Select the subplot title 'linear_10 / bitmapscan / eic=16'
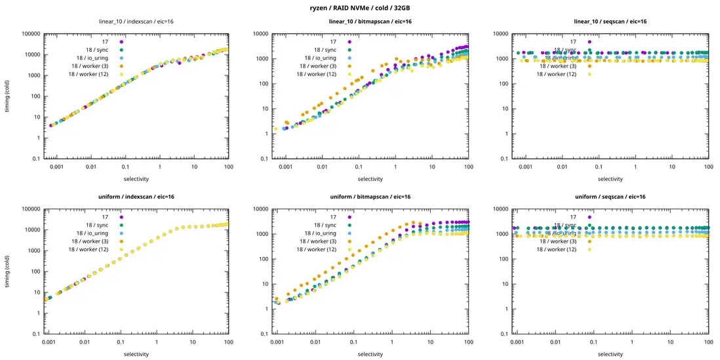[370, 22]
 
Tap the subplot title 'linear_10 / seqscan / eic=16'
[610, 22]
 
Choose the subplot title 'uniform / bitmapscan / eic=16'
[370, 197]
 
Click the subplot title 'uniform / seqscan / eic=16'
[610, 197]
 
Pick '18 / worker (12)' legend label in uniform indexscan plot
[92, 249]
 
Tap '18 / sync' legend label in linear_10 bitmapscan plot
[325, 50]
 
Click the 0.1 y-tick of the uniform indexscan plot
[33, 334]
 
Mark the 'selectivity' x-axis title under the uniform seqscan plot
[610, 354]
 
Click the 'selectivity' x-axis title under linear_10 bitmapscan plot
[370, 178]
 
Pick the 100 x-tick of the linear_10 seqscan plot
[708, 167]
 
